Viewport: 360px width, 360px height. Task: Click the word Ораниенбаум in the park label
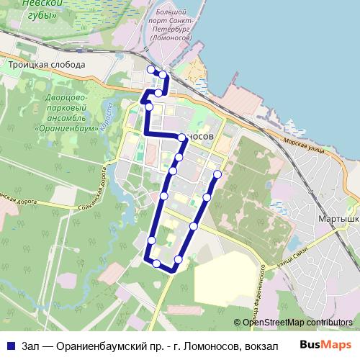pos(66,127)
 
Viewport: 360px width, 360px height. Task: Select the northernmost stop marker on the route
pos(150,69)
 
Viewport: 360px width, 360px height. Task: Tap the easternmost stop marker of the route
pos(217,174)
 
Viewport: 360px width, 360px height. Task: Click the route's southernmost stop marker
pos(157,264)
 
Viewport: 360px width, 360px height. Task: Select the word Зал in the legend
pos(31,346)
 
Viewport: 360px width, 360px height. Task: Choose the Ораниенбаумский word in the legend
pos(104,346)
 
